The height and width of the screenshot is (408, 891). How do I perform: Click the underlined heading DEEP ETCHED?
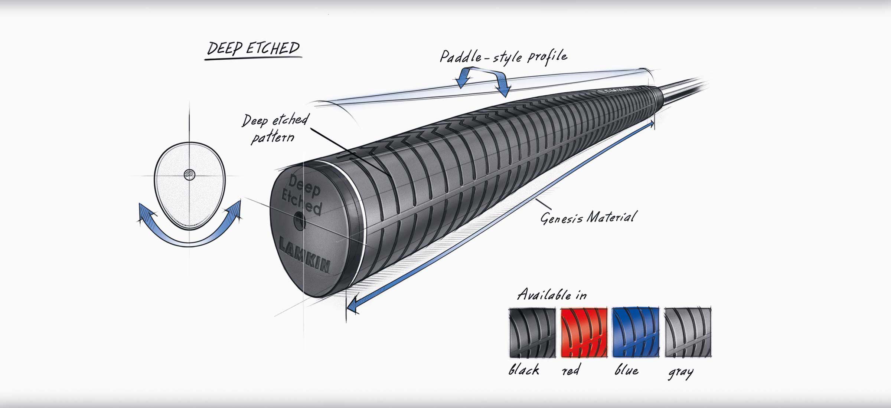click(x=253, y=49)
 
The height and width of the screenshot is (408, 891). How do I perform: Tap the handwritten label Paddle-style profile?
click(x=503, y=57)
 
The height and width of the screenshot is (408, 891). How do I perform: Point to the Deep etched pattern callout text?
click(x=275, y=128)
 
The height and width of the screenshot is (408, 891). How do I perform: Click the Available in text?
click(x=552, y=295)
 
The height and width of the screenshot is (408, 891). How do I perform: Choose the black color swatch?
click(x=532, y=332)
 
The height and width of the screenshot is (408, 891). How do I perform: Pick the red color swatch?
click(x=584, y=332)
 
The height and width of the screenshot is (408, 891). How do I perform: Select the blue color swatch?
click(x=636, y=332)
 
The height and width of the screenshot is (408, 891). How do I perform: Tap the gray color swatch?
click(x=688, y=332)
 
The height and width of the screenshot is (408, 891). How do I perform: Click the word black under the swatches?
click(x=524, y=370)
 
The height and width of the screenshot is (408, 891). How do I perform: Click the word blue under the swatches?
click(x=627, y=370)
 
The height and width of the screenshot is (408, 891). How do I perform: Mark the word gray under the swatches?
click(x=681, y=372)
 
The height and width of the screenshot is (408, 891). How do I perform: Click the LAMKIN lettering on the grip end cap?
click(x=304, y=255)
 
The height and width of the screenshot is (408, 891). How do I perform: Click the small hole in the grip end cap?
click(x=299, y=222)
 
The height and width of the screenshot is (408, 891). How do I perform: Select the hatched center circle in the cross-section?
click(x=190, y=174)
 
